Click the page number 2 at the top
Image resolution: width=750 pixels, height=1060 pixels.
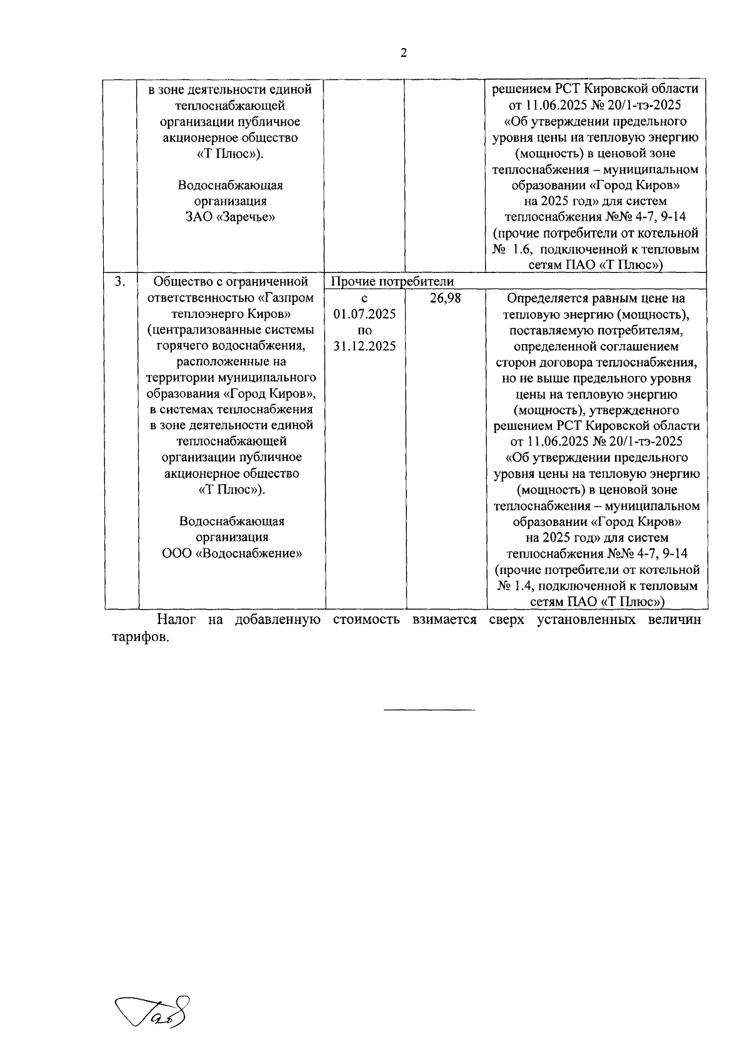(x=403, y=53)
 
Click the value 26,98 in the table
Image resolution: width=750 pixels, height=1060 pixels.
(x=446, y=299)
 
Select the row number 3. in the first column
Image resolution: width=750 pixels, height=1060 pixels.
(x=121, y=282)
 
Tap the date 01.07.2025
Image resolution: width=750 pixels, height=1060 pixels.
(x=364, y=314)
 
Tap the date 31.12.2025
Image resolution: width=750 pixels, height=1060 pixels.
(x=364, y=346)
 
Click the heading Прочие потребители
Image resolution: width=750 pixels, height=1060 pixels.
(x=392, y=282)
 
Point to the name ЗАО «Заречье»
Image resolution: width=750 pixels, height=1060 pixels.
(x=230, y=217)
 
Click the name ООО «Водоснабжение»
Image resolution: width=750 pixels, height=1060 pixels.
(x=232, y=553)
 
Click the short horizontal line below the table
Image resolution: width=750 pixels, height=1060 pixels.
(x=429, y=710)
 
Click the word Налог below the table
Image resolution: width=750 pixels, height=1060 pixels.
(x=176, y=620)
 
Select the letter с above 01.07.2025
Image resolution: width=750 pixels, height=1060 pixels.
(x=364, y=299)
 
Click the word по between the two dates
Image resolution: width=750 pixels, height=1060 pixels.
(x=364, y=330)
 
